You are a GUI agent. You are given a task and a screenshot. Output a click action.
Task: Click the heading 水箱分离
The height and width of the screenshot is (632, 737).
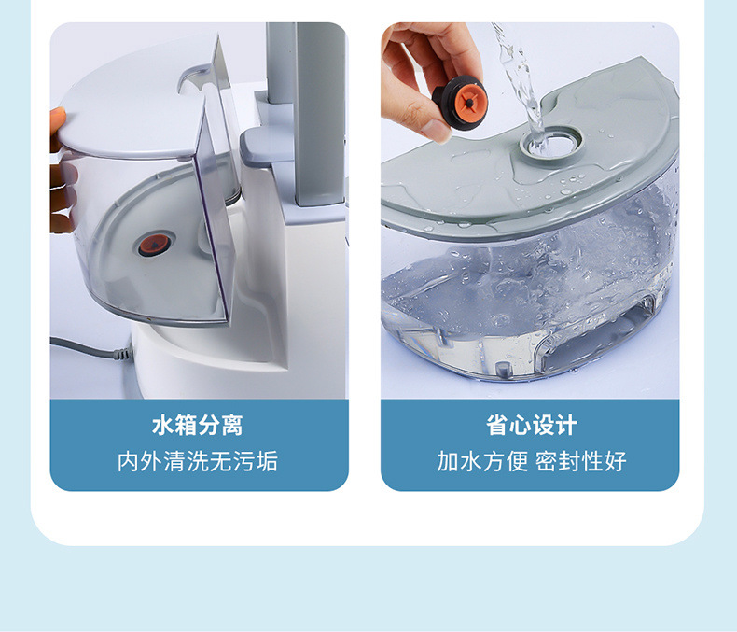point(198,427)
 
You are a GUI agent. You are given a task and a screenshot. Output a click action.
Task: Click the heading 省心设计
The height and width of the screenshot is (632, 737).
point(532,427)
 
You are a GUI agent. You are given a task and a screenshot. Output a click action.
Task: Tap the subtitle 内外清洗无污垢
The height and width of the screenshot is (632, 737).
point(198,461)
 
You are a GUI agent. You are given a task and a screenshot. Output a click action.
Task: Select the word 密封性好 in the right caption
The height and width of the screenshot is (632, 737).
point(581,461)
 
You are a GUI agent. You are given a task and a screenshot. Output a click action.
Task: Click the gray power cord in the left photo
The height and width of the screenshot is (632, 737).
point(89,348)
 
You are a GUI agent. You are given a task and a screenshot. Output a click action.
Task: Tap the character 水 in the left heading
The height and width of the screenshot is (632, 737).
point(162,427)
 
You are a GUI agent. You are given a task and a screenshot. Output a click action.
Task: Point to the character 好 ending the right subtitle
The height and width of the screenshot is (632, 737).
point(616,461)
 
